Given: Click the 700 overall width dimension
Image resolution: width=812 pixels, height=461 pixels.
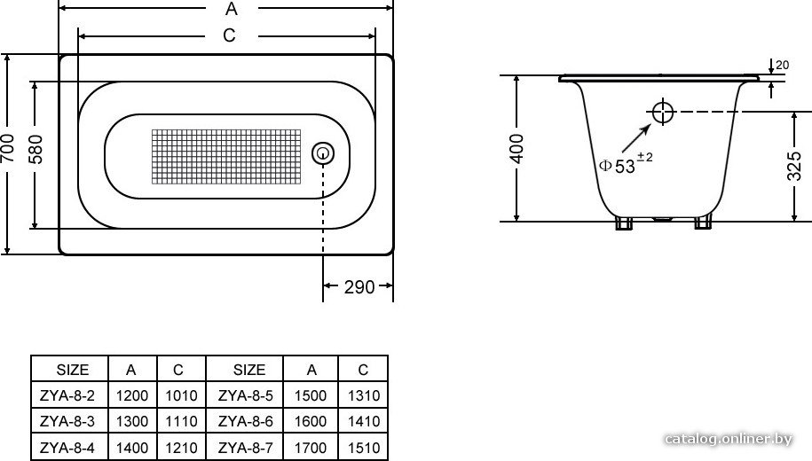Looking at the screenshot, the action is coord(8,148).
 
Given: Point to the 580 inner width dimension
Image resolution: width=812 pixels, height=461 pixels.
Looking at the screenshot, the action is coord(35,150).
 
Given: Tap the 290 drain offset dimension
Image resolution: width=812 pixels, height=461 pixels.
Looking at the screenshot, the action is coord(359,286).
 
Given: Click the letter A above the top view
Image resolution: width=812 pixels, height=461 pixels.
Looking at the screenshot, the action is coord(231,9).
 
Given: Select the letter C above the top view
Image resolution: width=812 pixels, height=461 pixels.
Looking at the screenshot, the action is coord(230,35).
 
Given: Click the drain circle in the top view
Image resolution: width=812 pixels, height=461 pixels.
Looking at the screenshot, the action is coord(323,153).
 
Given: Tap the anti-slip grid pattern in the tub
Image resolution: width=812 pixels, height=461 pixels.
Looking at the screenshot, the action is coord(225,156).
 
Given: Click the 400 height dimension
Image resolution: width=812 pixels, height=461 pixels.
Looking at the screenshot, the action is coord(516,148).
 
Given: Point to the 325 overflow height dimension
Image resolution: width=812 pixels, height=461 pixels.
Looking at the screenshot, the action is coord(794,166).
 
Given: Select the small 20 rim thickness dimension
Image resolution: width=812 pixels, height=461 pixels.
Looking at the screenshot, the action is coord(783,66).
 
